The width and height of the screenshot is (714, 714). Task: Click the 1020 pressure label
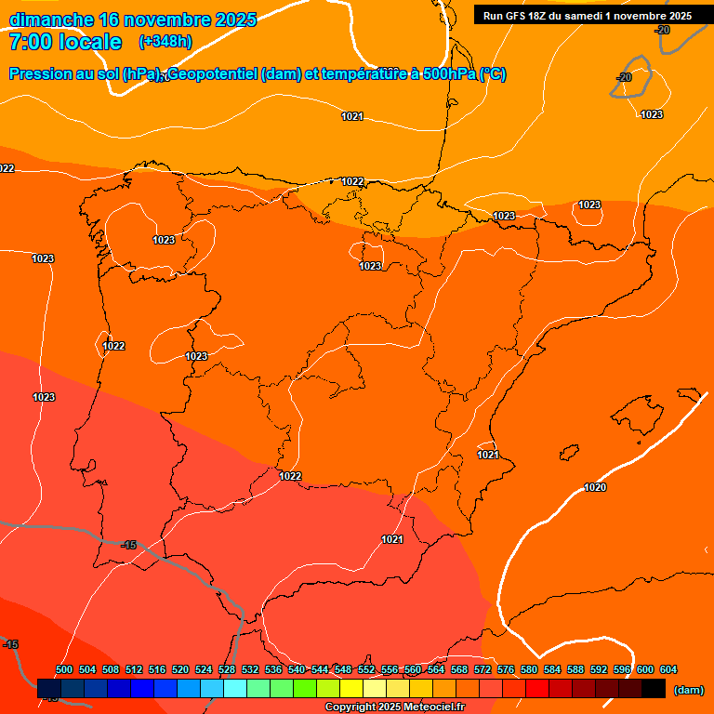[x=595, y=487]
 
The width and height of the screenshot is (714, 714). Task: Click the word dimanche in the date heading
[x=51, y=20]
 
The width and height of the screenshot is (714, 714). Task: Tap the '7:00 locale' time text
[x=65, y=42]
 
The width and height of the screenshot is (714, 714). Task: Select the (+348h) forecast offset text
[x=165, y=42]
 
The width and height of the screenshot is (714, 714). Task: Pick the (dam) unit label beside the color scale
[x=687, y=690]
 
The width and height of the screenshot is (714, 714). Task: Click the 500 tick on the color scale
[x=64, y=670]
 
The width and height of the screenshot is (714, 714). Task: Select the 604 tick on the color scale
[x=668, y=670]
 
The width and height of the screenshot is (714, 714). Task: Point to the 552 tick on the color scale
[x=366, y=670]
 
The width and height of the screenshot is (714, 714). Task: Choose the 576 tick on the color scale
[x=505, y=670]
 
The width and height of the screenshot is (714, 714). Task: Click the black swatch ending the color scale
[x=654, y=689]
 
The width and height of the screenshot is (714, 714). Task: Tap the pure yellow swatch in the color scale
[x=350, y=689]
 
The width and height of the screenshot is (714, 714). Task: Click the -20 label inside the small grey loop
[x=624, y=77]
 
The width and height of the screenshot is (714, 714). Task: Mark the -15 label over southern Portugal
[x=128, y=545]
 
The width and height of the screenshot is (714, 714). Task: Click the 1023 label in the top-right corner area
[x=652, y=114]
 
